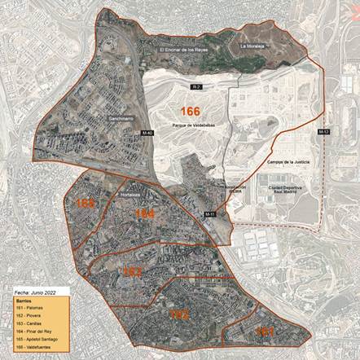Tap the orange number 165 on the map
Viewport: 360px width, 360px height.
tap(86, 202)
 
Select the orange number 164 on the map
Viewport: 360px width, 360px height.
tap(145, 213)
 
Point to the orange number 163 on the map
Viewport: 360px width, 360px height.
tap(133, 270)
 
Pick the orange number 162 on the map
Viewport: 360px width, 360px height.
tap(179, 314)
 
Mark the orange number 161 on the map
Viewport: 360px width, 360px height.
tap(264, 331)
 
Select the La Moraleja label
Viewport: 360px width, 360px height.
tap(254, 46)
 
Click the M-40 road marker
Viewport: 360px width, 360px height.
tap(147, 133)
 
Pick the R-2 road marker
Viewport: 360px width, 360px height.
tap(196, 86)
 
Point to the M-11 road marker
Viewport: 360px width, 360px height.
tap(209, 214)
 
